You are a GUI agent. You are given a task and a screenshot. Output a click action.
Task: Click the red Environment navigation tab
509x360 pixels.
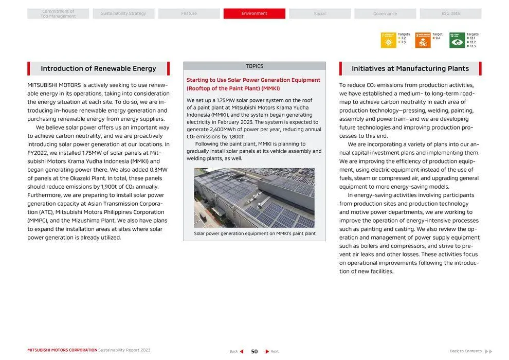(254, 13)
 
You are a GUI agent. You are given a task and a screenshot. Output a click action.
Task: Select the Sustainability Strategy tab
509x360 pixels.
(123, 13)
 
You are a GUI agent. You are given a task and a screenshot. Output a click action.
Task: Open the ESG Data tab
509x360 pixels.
(450, 13)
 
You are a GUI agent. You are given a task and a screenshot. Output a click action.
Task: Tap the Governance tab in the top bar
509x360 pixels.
(385, 13)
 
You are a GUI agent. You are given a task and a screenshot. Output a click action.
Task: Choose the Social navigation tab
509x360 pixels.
(319, 13)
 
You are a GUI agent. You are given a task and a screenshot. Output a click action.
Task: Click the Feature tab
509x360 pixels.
(189, 13)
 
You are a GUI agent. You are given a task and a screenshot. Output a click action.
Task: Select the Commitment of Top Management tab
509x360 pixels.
(58, 13)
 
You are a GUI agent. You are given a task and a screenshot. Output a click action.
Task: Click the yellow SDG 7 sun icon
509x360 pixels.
(388, 40)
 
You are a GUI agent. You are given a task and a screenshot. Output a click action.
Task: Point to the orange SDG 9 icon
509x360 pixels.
(423, 40)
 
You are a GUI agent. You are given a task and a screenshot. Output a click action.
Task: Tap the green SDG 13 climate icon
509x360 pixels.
(457, 40)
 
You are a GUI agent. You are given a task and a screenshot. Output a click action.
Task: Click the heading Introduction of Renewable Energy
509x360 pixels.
(98, 68)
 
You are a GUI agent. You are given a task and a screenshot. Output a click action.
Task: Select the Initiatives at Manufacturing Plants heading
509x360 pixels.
(410, 68)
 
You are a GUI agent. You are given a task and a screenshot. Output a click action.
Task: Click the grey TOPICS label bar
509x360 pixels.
(254, 66)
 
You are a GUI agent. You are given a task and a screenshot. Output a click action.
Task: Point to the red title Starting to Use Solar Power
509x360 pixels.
(253, 84)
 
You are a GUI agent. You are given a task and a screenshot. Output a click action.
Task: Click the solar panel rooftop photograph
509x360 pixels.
(254, 197)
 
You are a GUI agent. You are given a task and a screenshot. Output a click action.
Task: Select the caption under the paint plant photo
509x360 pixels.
(254, 233)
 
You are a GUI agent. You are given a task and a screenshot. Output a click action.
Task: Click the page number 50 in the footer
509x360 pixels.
(254, 351)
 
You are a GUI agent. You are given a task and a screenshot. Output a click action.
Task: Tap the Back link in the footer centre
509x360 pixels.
(236, 351)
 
